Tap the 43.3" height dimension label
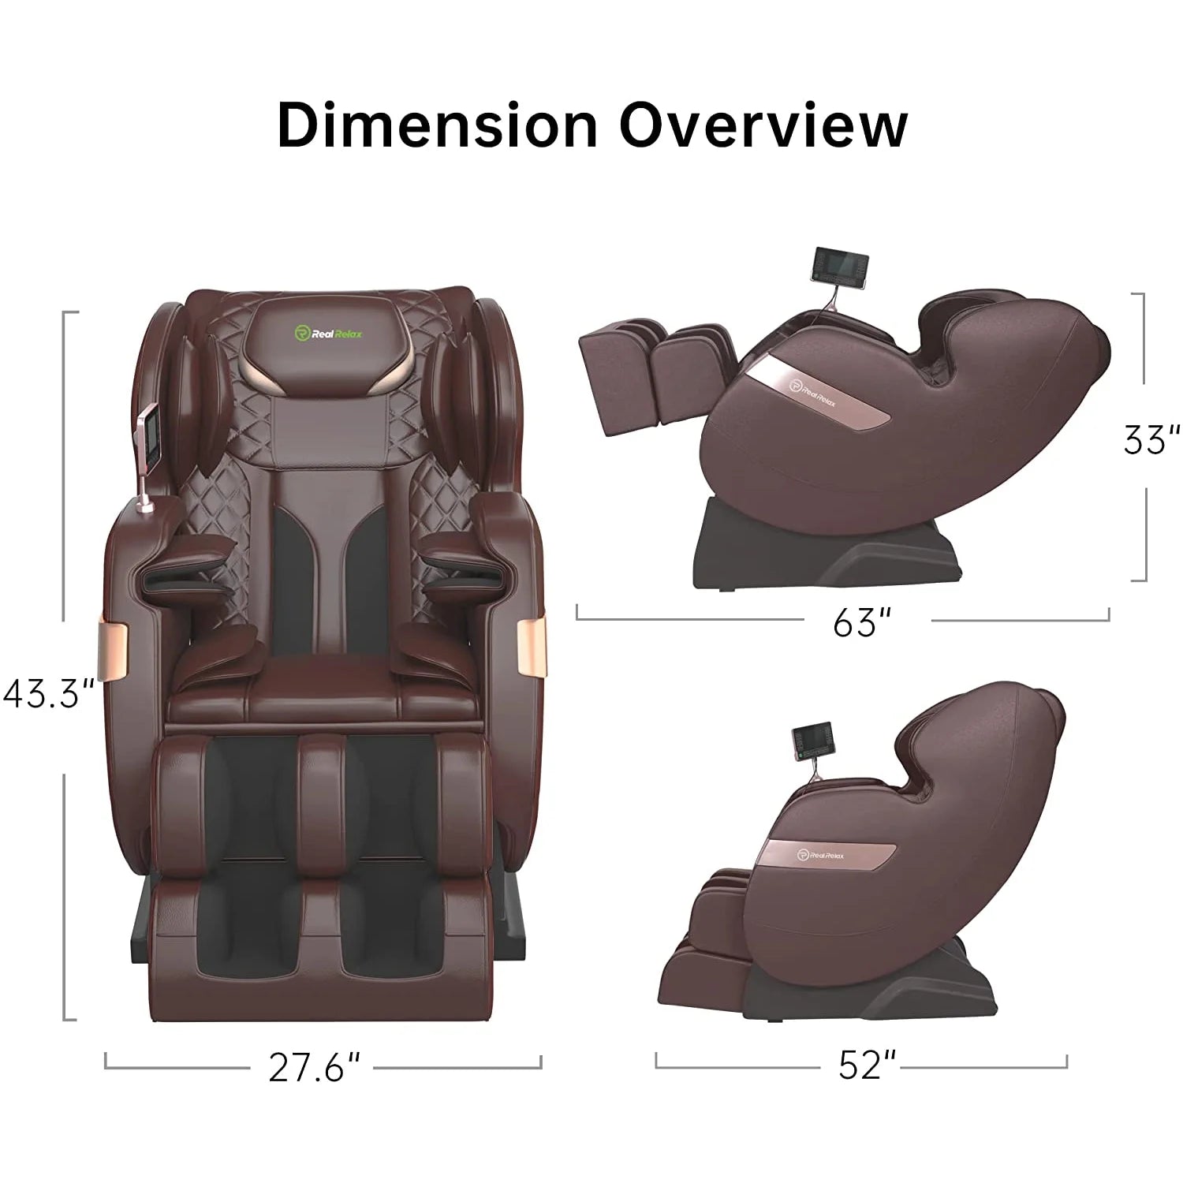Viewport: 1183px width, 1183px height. pos(49,695)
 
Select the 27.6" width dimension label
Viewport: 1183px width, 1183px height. pos(315,1068)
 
